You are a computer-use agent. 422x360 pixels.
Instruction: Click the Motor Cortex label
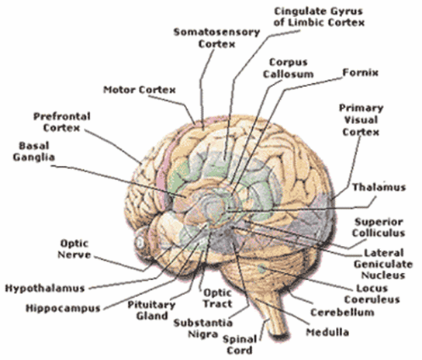(x=140, y=90)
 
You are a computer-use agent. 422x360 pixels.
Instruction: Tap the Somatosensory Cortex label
(x=216, y=38)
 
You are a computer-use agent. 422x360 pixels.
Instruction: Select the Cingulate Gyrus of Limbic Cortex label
(x=319, y=17)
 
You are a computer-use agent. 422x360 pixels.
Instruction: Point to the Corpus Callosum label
(x=289, y=68)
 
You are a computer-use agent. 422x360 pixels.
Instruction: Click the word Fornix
(x=361, y=72)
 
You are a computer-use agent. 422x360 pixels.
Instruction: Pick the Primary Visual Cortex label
(x=361, y=119)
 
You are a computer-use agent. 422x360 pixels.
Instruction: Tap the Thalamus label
(x=379, y=187)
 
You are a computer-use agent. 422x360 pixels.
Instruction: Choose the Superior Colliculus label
(x=379, y=227)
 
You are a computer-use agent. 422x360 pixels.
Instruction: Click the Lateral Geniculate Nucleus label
(x=383, y=264)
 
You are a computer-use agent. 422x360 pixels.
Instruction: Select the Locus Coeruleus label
(x=372, y=294)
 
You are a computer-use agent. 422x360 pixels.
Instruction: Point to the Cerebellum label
(x=342, y=313)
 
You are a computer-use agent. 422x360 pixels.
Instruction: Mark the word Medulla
(x=327, y=332)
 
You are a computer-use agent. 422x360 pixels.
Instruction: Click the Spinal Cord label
(x=240, y=345)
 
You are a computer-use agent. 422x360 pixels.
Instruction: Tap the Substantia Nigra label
(x=203, y=328)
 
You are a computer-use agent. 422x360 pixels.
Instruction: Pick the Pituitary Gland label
(x=151, y=310)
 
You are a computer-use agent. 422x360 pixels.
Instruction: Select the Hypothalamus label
(x=45, y=289)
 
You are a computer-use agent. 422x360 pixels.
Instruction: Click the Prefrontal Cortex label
(x=61, y=123)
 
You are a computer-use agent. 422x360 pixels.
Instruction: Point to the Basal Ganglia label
(x=34, y=151)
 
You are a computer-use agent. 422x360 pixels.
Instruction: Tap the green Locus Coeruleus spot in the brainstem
(x=261, y=268)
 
